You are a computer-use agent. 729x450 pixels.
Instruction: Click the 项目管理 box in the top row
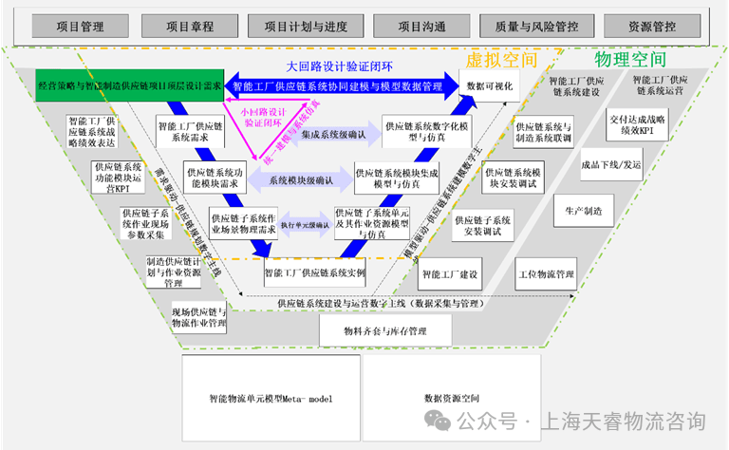[x=81, y=28]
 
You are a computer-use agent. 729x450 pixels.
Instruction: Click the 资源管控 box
[x=652, y=28]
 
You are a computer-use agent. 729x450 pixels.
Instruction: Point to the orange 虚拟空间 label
[x=500, y=60]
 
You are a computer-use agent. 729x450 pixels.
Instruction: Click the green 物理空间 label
[x=630, y=60]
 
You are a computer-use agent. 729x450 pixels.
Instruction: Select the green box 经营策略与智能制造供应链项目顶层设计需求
[x=130, y=85]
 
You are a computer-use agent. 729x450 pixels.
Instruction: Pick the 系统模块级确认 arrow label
[x=301, y=179]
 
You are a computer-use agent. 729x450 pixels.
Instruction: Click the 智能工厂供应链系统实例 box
[x=314, y=273]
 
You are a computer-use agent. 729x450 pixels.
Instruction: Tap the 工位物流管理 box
[x=546, y=275]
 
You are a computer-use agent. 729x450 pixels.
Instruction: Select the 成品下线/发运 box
[x=611, y=163]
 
